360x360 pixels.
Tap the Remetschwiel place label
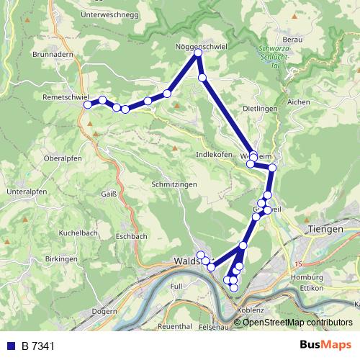point(65,96)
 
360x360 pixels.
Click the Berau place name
point(292,39)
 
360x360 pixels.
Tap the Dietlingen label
point(260,109)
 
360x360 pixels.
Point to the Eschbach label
point(131,235)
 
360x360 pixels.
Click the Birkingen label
point(61,258)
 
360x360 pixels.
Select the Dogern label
point(104,313)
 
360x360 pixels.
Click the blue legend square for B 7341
point(10,346)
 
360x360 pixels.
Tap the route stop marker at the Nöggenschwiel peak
point(198,53)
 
